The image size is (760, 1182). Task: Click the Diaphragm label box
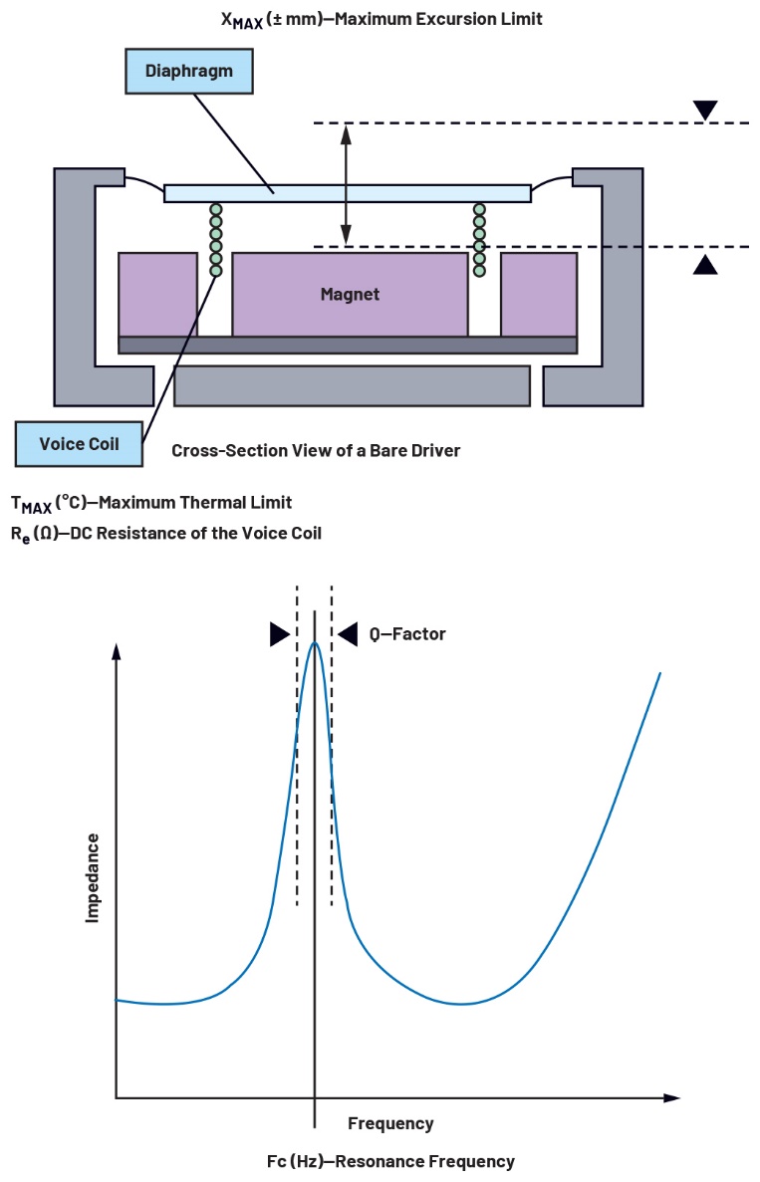coord(188,72)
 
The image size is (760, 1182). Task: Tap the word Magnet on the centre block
coord(350,294)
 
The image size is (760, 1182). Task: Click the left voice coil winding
coord(215,239)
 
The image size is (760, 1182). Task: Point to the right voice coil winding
coord(479,239)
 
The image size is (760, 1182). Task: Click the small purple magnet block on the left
coord(157,294)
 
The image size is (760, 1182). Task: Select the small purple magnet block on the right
coord(538,294)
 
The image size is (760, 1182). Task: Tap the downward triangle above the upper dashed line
coord(705,110)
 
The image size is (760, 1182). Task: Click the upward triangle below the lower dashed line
coord(705,264)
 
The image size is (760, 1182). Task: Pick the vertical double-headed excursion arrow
coord(346,184)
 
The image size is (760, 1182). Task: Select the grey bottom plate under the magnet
coord(352,385)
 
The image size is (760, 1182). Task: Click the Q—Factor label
coord(400,633)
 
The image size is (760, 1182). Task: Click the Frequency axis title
coord(390,1123)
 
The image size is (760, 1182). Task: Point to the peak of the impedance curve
coord(315,643)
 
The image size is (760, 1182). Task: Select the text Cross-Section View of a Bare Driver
coord(316,450)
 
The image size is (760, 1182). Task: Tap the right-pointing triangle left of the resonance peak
coord(279,634)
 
